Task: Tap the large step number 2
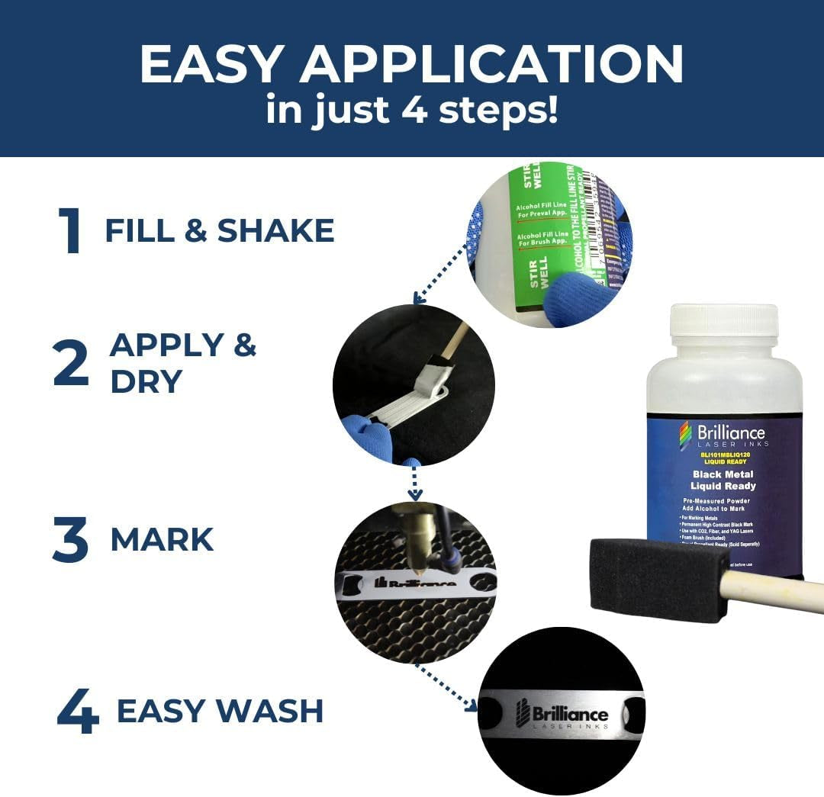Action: pyautogui.click(x=71, y=364)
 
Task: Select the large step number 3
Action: pyautogui.click(x=70, y=539)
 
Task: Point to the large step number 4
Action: pyautogui.click(x=78, y=712)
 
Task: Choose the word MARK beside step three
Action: pyautogui.click(x=162, y=539)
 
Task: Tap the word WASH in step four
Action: pyautogui.click(x=269, y=711)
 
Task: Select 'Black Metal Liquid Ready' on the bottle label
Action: pyautogui.click(x=723, y=480)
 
